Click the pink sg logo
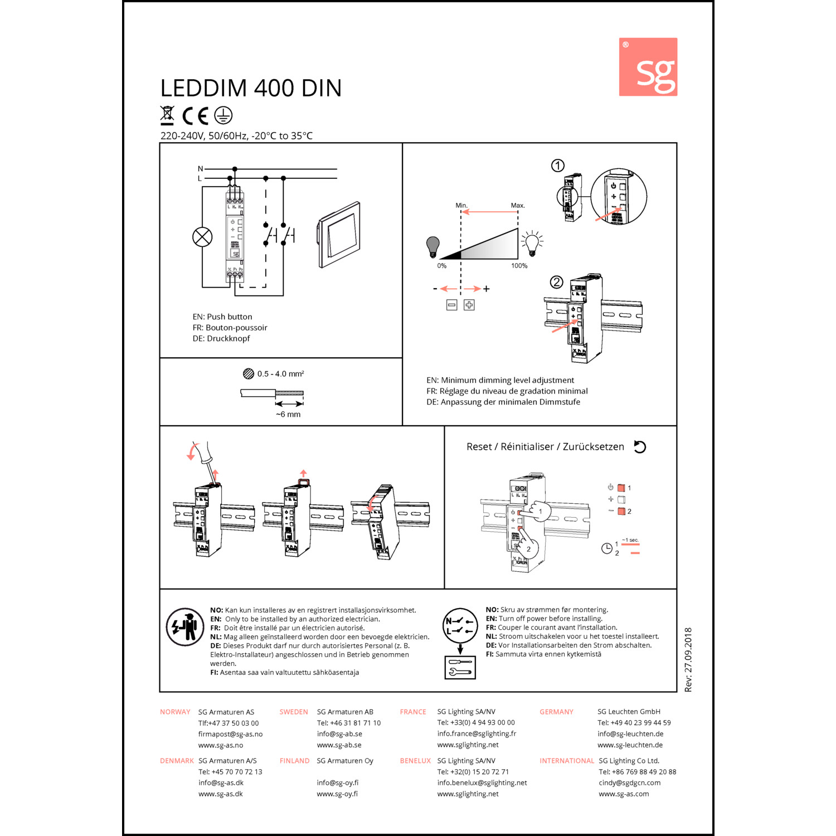(648, 67)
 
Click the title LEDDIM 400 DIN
(251, 88)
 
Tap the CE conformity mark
(195, 115)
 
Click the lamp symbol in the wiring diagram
(202, 237)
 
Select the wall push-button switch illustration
(340, 235)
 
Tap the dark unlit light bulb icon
(433, 246)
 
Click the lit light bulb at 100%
(532, 244)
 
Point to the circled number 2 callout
(556, 282)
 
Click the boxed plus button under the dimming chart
(469, 305)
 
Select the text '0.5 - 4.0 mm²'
(280, 374)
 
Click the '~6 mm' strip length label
(288, 415)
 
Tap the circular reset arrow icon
(640, 447)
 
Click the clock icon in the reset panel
(607, 548)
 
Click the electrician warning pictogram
(185, 627)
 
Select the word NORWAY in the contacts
(175, 712)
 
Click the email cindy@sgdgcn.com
(629, 782)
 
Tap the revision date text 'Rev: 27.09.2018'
(688, 660)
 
